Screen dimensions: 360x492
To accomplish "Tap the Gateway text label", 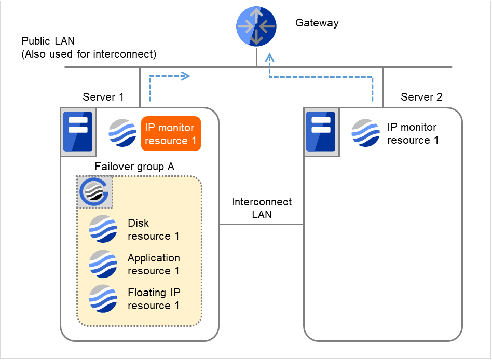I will tap(317, 23).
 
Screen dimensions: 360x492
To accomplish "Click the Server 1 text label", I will tap(103, 97).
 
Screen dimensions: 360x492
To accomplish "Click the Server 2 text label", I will tap(421, 97).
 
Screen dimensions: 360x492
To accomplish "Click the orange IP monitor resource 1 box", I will tap(171, 134).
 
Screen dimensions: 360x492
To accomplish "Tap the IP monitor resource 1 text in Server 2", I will tap(413, 133).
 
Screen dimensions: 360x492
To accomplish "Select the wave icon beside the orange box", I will tap(122, 133).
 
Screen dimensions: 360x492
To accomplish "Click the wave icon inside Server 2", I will tap(365, 133).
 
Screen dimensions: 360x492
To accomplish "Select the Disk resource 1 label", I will tap(153, 229).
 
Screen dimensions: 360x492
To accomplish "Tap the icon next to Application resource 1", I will tap(103, 264).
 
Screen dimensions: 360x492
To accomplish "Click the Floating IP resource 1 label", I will tap(154, 299).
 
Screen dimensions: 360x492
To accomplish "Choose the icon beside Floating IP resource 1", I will tap(103, 298).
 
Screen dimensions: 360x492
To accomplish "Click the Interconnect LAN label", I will tap(262, 208).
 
